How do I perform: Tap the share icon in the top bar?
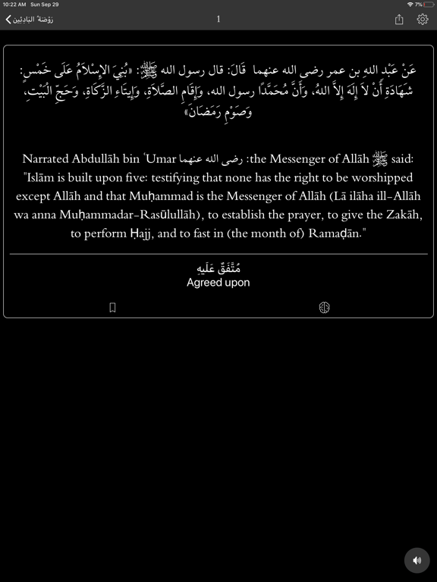point(399,20)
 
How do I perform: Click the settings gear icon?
point(423,20)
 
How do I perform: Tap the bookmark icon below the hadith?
point(112,308)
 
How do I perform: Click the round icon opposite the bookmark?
point(324,308)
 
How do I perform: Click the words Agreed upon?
point(218,283)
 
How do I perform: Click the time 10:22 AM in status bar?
point(14,5)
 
